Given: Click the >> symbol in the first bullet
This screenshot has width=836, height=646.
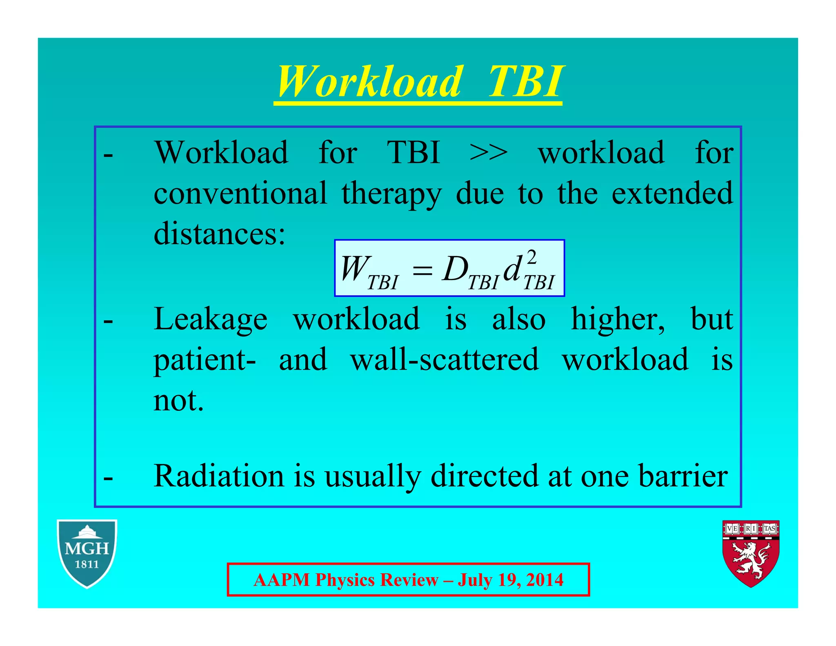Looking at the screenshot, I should tap(489, 153).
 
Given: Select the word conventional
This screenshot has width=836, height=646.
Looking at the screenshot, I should tap(240, 193).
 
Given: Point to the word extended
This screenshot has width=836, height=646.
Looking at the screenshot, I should tap(672, 193).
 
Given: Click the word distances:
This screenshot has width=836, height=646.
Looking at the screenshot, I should tap(219, 234).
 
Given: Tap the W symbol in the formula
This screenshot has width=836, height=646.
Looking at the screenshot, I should tap(354, 268).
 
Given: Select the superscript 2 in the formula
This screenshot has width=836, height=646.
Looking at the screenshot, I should tap(531, 258).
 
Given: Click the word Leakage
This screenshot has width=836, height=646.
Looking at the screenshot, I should tap(211, 319).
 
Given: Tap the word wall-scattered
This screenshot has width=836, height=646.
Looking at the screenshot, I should tap(445, 359).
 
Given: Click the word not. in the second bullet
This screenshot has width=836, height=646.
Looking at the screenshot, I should tap(178, 400).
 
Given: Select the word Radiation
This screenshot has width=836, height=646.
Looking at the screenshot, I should tap(219, 476).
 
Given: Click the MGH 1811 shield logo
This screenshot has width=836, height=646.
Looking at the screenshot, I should tap(87, 553).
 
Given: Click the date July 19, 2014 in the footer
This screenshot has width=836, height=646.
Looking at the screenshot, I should tap(510, 580).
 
